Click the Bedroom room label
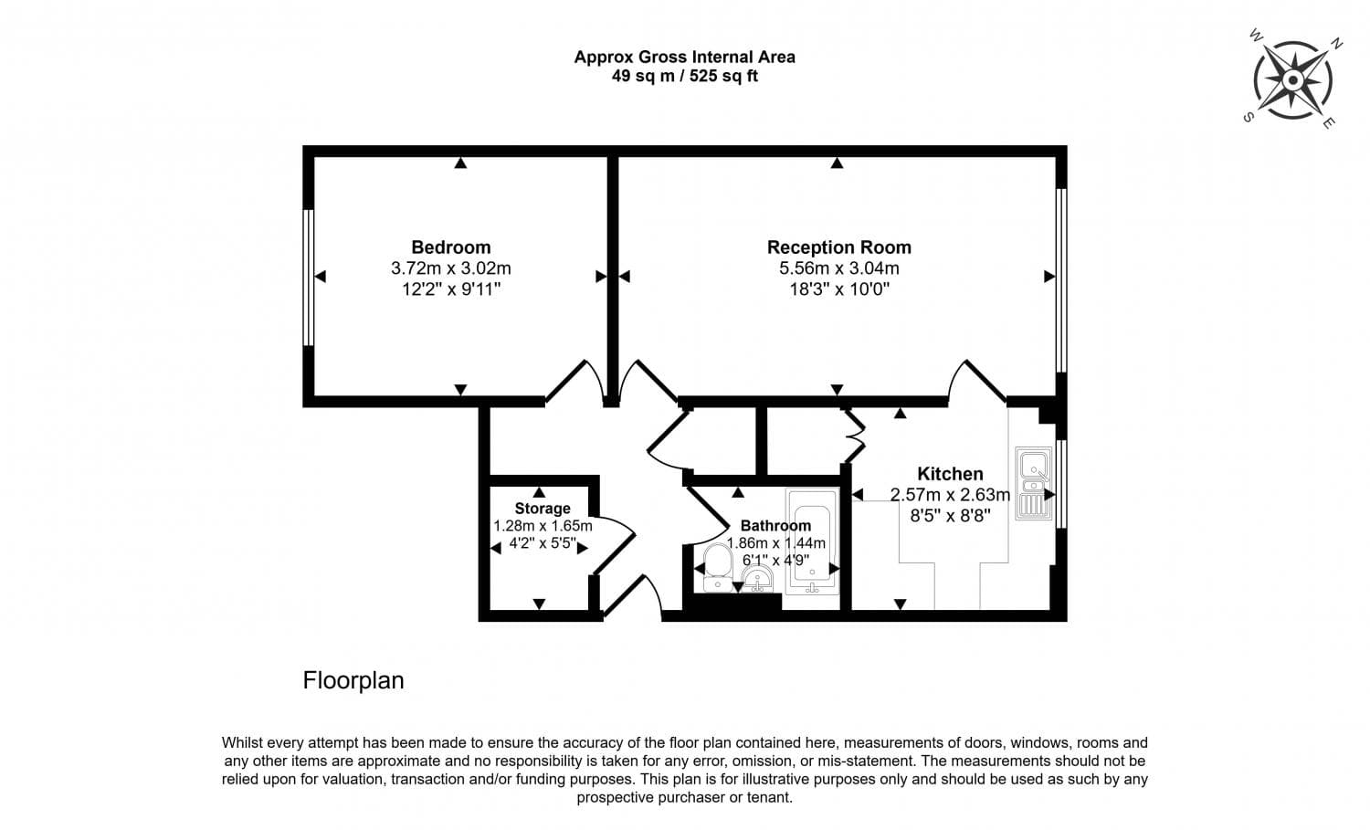450,247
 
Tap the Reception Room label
838,247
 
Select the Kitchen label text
950,474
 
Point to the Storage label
542,509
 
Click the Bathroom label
775,526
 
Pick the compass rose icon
1292,80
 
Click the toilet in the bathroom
718,566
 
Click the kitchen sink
1033,484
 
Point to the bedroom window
309,278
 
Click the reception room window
1061,279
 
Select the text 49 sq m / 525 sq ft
684,77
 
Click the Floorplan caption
353,681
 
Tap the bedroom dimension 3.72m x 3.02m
450,268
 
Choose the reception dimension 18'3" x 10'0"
838,289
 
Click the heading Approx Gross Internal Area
684,57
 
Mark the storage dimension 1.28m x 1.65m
543,526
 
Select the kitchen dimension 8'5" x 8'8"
950,515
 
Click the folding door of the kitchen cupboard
854,436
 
